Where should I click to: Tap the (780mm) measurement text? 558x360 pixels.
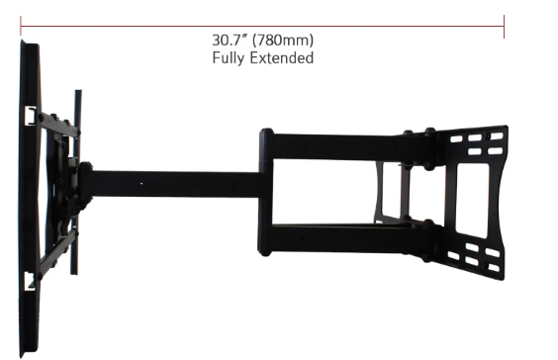click(x=283, y=41)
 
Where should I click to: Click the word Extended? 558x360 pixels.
click(x=282, y=57)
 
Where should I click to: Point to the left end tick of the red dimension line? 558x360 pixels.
click(x=21, y=27)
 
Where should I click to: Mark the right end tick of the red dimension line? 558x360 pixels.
click(x=504, y=27)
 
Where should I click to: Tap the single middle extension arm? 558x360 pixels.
click(x=175, y=184)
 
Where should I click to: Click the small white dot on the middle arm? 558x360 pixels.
click(x=141, y=184)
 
